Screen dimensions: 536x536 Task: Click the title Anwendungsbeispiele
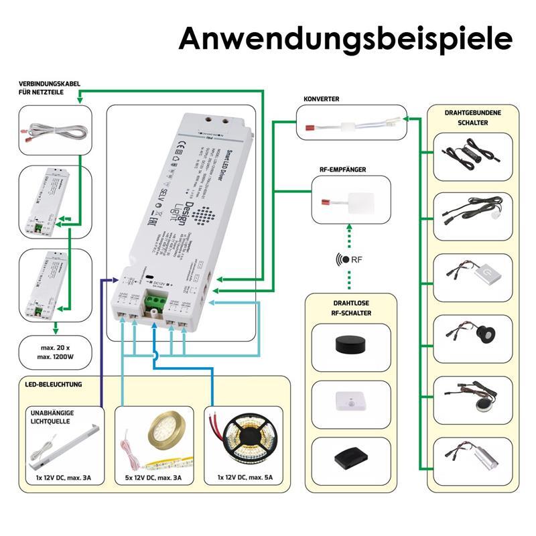pyautogui.click(x=345, y=38)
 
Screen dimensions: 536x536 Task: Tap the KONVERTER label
pyautogui.click(x=321, y=98)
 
